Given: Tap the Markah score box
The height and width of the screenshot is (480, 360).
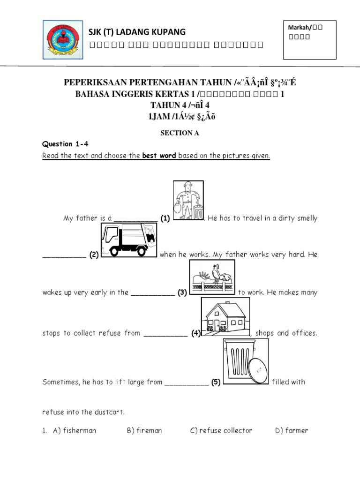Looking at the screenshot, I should click(x=309, y=40).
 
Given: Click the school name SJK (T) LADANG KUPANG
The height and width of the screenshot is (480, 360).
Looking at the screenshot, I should click(x=137, y=32).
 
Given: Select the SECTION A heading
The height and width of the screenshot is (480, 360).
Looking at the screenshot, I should click(x=180, y=133).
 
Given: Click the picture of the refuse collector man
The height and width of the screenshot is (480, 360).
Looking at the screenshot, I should click(x=189, y=200).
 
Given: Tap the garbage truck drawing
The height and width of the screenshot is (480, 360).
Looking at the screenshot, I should click(x=128, y=240).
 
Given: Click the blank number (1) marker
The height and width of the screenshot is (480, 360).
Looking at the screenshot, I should click(x=165, y=218).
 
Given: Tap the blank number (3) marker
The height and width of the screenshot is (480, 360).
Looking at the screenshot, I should click(x=182, y=292).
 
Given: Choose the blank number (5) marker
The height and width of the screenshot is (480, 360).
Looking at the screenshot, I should click(x=215, y=382).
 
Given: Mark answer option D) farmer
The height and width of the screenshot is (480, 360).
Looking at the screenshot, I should click(x=292, y=430).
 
